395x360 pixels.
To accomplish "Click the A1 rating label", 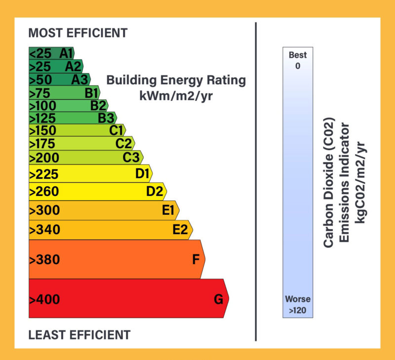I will (66, 53).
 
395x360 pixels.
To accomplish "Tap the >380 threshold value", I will (44, 260).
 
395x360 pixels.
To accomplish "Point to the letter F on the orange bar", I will (196, 260).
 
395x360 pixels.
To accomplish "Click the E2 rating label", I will (180, 230).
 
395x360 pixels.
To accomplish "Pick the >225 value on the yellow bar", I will (44, 174).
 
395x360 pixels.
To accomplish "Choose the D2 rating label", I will (155, 192).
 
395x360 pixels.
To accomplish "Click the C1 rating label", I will (116, 130).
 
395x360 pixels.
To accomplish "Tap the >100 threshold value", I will (42, 105).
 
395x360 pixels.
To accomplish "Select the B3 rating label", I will (106, 118).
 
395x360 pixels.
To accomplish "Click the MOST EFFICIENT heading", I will (78, 33).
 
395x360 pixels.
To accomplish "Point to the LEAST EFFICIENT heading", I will (79, 335).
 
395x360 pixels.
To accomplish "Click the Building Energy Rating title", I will (176, 80).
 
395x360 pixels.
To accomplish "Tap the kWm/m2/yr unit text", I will (176, 96).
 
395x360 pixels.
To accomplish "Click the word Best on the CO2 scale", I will (297, 55).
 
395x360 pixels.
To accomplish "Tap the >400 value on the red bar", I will (44, 299).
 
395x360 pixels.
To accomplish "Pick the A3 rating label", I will (79, 79).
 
